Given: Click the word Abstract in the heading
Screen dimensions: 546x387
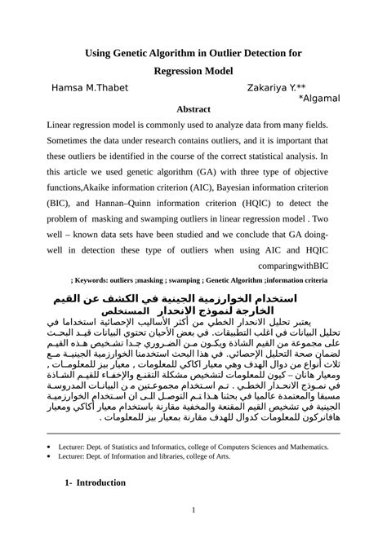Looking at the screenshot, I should click(x=193, y=108).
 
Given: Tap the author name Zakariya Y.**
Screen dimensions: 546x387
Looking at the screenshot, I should click(x=277, y=88).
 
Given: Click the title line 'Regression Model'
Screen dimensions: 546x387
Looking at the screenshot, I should click(x=193, y=71).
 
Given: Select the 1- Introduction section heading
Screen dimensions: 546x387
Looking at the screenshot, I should click(x=94, y=483).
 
